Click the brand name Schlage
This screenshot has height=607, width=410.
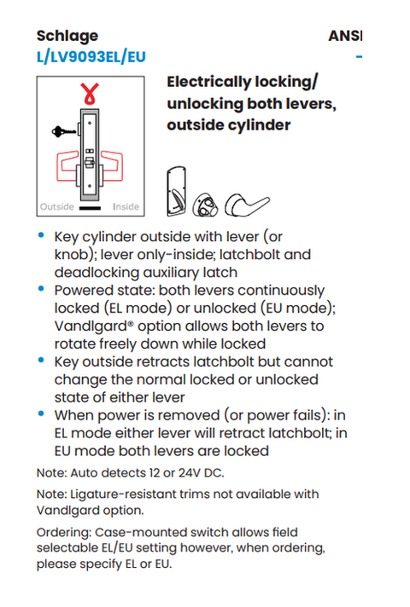[67, 37]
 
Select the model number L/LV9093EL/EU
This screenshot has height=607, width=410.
[91, 57]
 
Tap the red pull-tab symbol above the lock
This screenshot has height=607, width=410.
[90, 94]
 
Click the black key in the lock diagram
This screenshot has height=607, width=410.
[64, 131]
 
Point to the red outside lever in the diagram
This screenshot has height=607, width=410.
[67, 166]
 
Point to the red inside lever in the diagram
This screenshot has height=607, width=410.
[113, 165]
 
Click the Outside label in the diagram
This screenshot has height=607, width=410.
[57, 206]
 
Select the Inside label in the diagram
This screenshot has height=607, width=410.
[126, 206]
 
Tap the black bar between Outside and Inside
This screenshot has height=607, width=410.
[90, 208]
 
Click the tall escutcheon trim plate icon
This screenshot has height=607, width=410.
[177, 191]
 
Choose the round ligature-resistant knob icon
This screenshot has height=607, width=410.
[205, 205]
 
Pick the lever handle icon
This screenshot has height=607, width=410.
[247, 204]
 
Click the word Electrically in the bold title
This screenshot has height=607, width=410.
[209, 83]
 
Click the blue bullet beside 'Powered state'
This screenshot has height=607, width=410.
[41, 288]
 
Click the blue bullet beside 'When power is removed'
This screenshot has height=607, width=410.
[41, 413]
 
